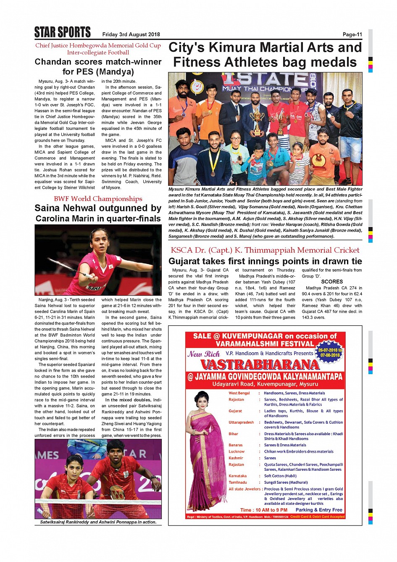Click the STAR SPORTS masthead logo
click(63, 32)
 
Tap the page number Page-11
click(352, 34)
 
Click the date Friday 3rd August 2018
click(131, 34)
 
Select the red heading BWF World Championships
click(98, 199)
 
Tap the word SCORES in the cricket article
click(332, 282)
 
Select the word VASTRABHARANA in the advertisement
click(260, 364)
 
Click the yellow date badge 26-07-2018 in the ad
click(330, 353)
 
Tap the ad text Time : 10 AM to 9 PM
click(264, 510)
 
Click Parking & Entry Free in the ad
click(319, 510)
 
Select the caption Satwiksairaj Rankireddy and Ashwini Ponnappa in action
click(98, 522)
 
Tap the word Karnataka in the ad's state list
click(238, 476)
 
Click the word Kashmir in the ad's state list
click(236, 458)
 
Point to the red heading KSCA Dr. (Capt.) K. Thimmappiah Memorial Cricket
click(265, 250)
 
